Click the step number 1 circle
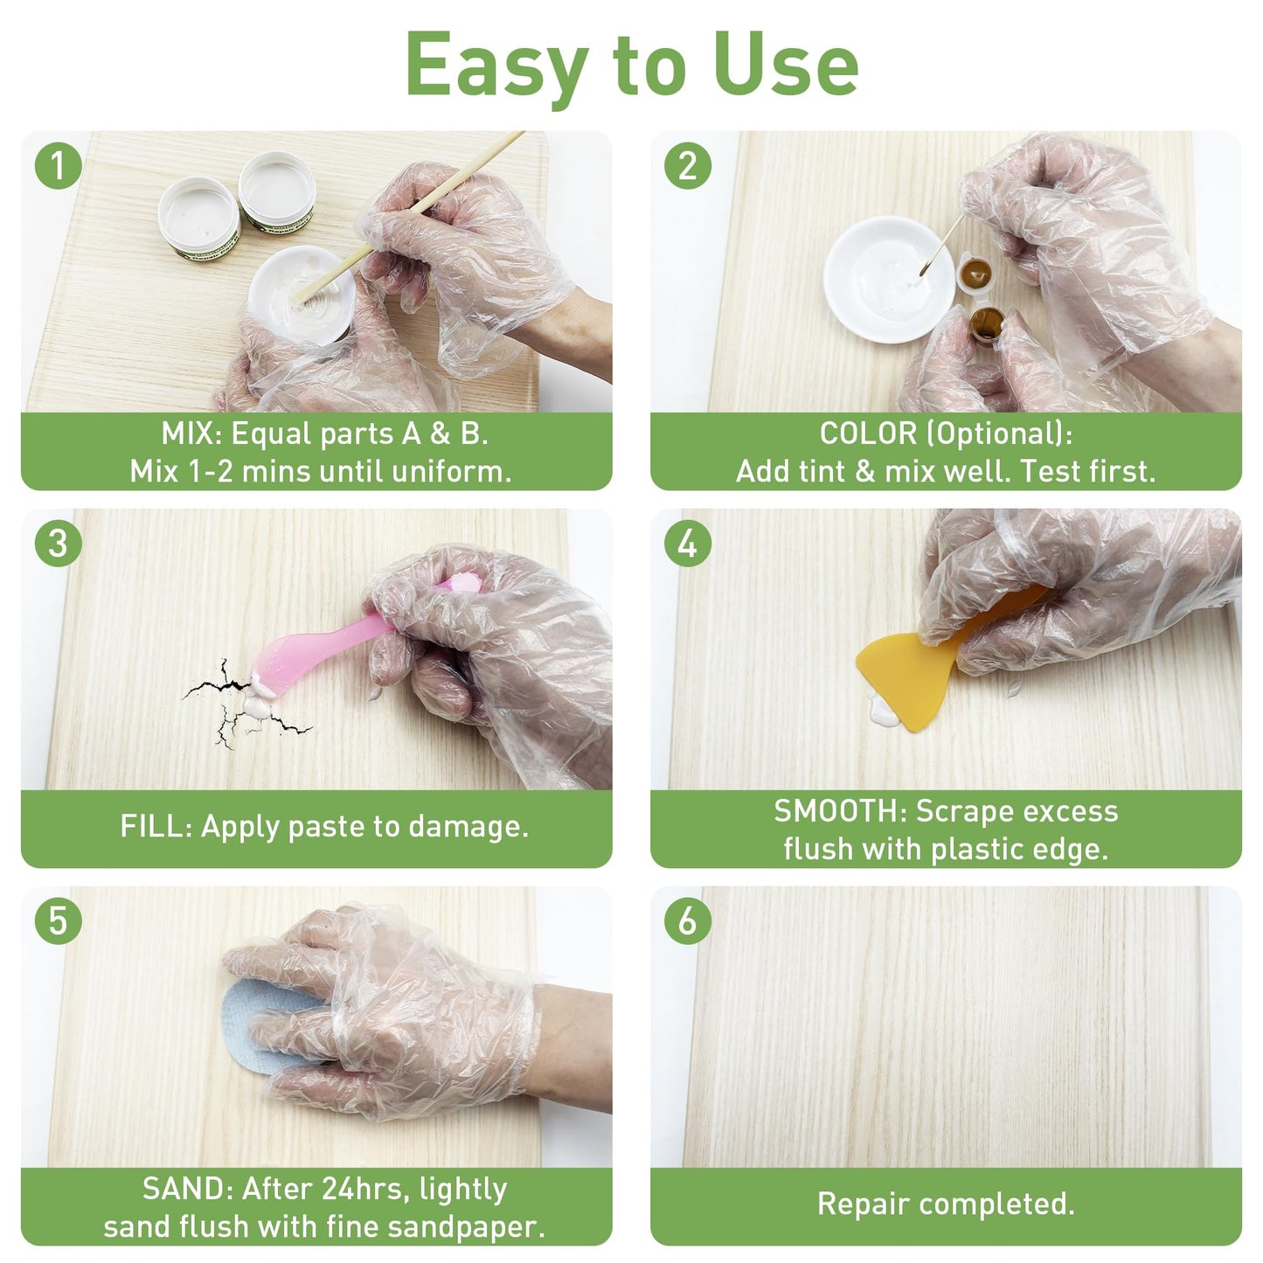point(58,166)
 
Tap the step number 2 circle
point(688,166)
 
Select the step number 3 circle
point(58,544)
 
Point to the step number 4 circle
point(688,544)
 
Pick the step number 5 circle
point(58,921)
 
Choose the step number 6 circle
point(688,921)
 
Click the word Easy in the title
point(496,66)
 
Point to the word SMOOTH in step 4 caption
point(838,811)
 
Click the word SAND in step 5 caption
point(185,1189)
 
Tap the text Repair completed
point(946,1204)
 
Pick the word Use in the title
point(785,66)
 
